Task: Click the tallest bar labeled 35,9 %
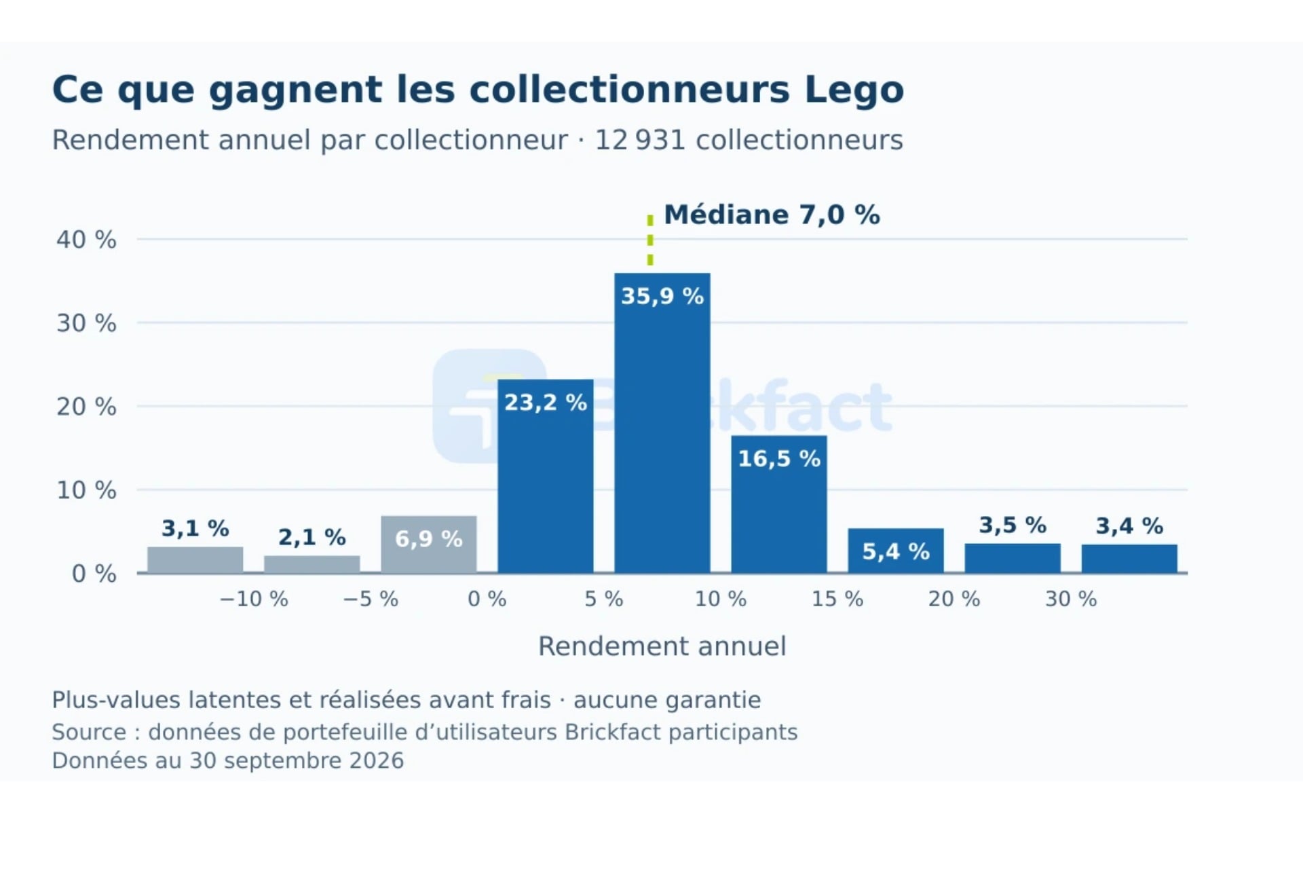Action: pos(662,423)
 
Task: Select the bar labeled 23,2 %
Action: pos(546,476)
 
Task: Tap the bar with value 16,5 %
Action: pos(779,504)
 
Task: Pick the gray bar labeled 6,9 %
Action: pos(429,544)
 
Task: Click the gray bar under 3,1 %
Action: pos(195,560)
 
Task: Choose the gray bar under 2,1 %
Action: pos(312,564)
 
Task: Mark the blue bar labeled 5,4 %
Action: pos(896,551)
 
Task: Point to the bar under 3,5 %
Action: pos(1013,558)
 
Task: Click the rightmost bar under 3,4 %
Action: pos(1129,559)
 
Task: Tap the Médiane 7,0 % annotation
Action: pos(772,215)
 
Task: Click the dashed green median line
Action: pos(650,240)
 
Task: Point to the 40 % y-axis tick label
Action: pos(86,240)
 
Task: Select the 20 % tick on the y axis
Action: pos(86,407)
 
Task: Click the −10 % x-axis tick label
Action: pos(254,599)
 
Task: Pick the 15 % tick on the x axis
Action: pos(837,599)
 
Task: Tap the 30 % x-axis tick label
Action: pos(1071,599)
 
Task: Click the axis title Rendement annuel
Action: pos(662,646)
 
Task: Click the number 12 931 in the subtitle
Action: pos(639,140)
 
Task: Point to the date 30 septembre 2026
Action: pos(297,760)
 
